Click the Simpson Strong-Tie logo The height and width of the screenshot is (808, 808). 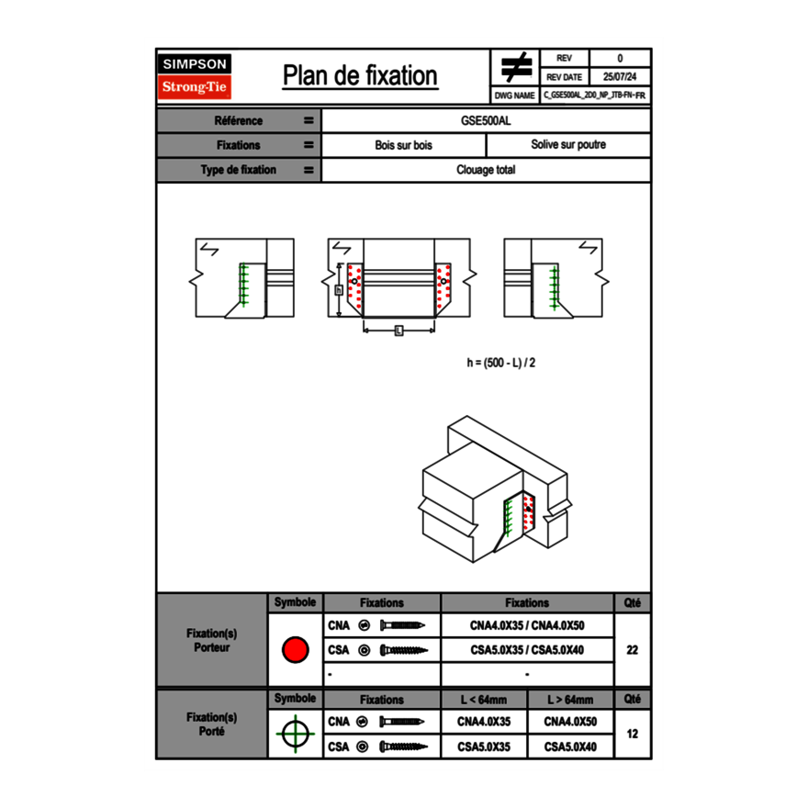click(196, 76)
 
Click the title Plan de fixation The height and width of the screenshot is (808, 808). click(359, 75)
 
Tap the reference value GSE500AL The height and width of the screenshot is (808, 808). click(486, 120)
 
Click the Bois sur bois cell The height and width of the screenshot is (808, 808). click(403, 145)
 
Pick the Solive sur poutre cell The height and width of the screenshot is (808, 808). click(567, 145)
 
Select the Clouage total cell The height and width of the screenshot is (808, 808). click(486, 170)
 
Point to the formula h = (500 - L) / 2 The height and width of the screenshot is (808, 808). click(500, 363)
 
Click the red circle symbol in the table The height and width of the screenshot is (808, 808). click(295, 650)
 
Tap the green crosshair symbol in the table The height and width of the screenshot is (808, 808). click(295, 735)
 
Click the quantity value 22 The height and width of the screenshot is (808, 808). click(632, 650)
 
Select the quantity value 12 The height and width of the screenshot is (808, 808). click(632, 735)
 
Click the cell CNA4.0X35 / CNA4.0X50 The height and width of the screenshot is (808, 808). click(527, 626)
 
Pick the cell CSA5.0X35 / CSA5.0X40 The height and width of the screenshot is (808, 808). click(527, 650)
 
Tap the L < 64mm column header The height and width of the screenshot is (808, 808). click(484, 700)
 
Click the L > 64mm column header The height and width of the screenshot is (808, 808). click(569, 700)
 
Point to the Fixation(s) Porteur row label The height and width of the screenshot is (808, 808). click(212, 640)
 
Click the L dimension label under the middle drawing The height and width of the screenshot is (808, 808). click(398, 331)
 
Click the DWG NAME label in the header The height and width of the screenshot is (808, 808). click(514, 95)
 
